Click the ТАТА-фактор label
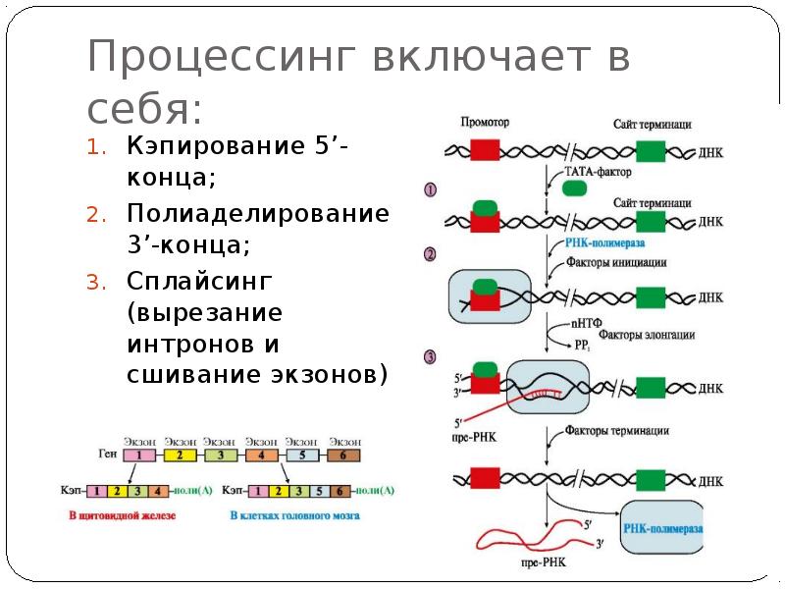[x=598, y=171]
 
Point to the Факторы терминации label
[x=617, y=430]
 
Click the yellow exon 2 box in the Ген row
[x=181, y=455]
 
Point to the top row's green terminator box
[x=650, y=149]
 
